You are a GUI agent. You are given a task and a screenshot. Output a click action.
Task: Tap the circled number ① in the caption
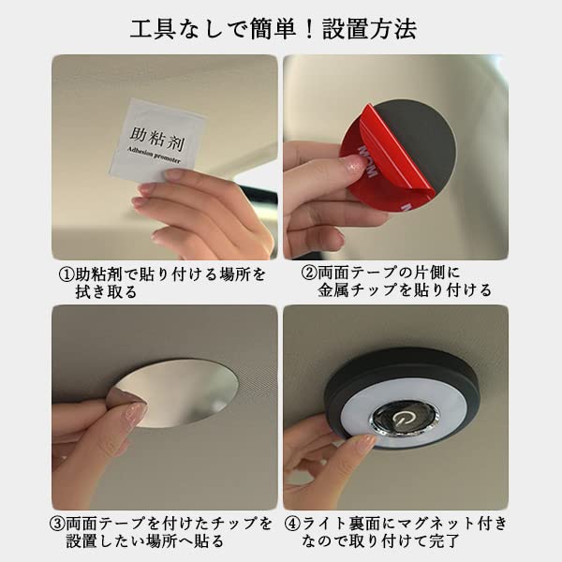point(66,275)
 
